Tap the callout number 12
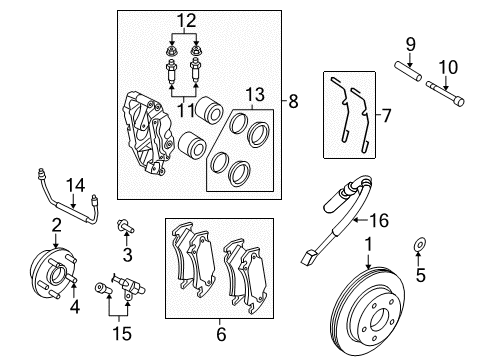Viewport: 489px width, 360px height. (182, 21)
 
